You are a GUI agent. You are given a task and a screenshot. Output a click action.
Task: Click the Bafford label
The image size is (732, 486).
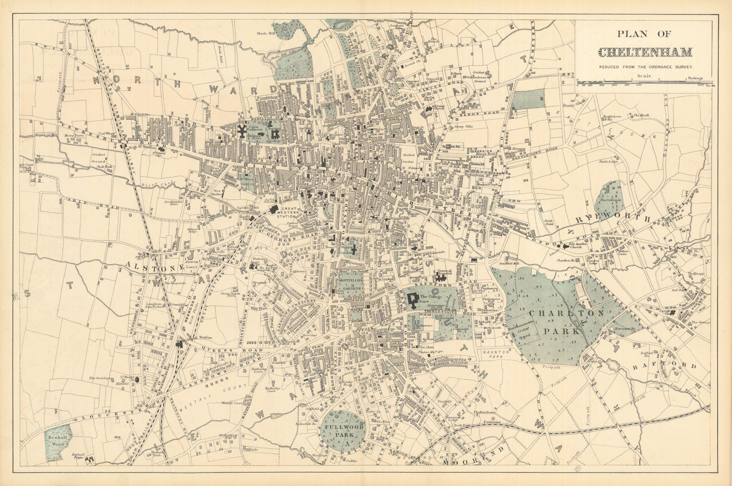coord(664,366)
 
